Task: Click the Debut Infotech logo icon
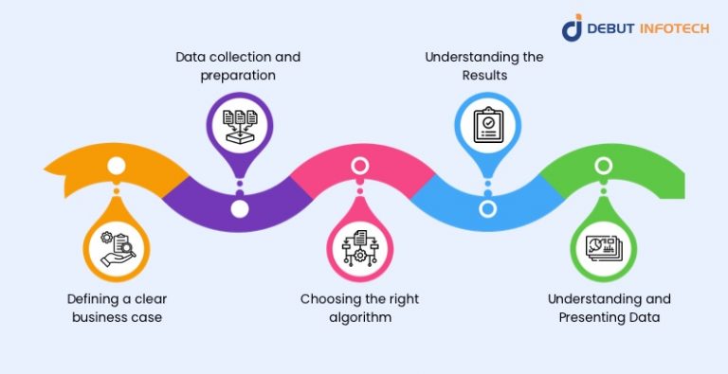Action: [x=573, y=28]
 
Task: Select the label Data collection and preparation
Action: [x=239, y=66]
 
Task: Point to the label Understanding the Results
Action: [x=483, y=66]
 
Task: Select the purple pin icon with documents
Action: [x=239, y=122]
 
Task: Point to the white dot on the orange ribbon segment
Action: [x=117, y=167]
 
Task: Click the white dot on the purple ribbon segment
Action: [x=240, y=207]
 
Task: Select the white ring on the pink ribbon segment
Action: [x=360, y=167]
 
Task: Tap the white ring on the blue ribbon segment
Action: [x=487, y=208]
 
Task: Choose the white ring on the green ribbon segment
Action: [x=603, y=167]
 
